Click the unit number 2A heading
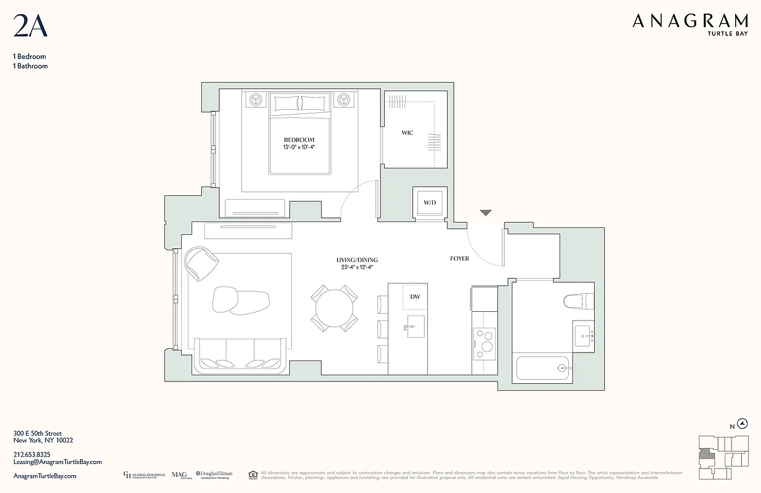(x=30, y=26)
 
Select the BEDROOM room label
(x=299, y=140)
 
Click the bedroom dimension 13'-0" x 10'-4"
(x=299, y=148)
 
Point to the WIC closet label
(x=407, y=133)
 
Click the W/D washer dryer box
(x=429, y=202)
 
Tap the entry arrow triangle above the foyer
(x=486, y=213)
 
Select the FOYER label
(x=459, y=259)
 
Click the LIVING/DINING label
(x=357, y=260)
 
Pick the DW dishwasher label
(x=415, y=297)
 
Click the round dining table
(x=335, y=307)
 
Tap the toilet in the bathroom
(x=578, y=301)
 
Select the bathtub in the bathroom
(x=544, y=368)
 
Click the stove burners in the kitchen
(x=484, y=340)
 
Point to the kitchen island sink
(x=415, y=324)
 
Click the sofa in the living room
(x=240, y=356)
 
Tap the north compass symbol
(x=743, y=423)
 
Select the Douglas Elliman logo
(x=214, y=475)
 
